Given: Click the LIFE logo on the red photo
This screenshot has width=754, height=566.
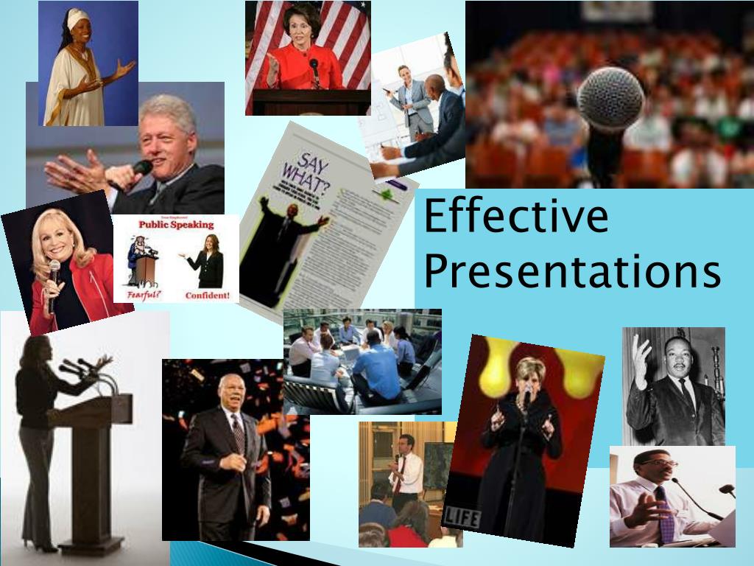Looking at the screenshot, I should (x=462, y=517).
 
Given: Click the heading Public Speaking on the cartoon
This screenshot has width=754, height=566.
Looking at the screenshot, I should (x=176, y=225).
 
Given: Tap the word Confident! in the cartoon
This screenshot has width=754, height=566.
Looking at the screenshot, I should (x=207, y=296).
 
